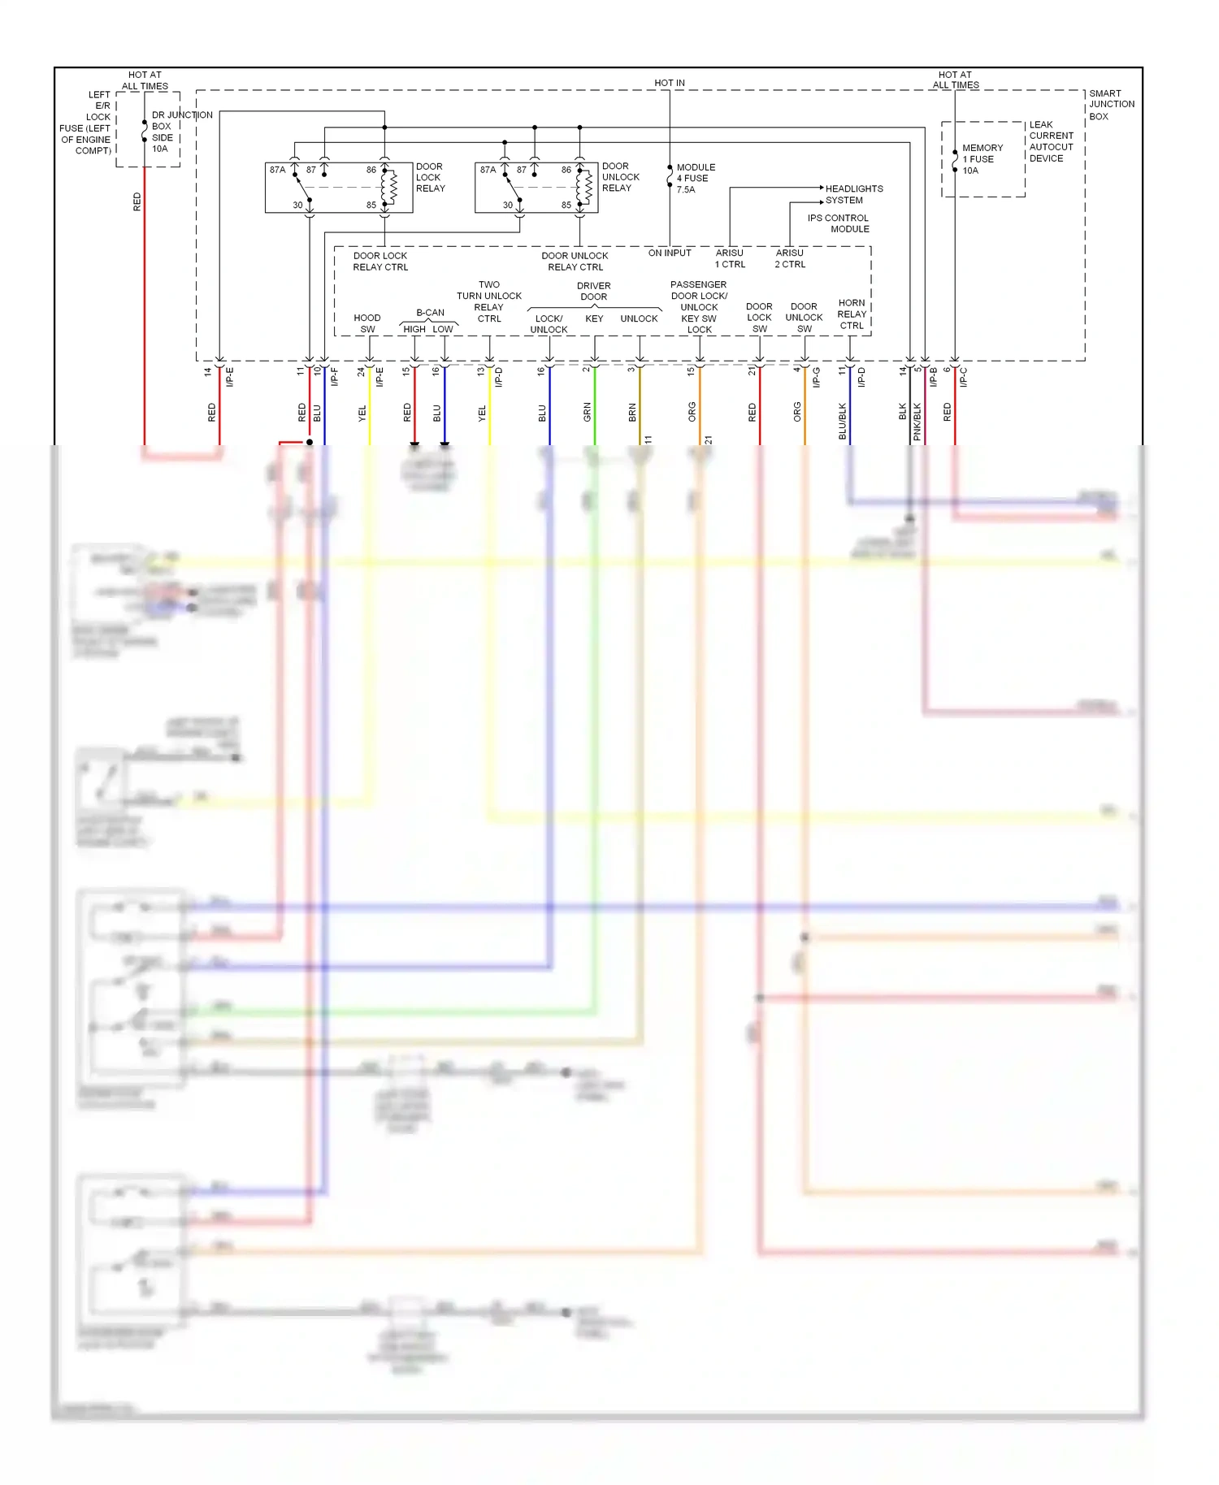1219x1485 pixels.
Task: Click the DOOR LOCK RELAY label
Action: point(430,177)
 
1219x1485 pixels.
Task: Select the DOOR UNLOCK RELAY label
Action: point(620,177)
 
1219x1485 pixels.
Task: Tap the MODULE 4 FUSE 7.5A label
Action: point(695,179)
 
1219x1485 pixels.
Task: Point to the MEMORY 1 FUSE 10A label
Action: point(982,159)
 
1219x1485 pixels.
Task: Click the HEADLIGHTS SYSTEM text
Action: point(853,194)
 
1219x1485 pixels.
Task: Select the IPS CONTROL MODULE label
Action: point(839,223)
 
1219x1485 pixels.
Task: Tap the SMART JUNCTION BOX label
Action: point(1111,105)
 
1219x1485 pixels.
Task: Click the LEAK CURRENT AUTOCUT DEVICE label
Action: point(1051,141)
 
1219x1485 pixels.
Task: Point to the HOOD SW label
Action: point(367,323)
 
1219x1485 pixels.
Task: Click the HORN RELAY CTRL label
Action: point(851,314)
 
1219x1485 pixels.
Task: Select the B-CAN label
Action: point(430,313)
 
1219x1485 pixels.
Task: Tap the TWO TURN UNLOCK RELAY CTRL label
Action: point(488,301)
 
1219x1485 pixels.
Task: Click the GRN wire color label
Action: point(588,413)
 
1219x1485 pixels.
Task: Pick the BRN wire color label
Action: point(632,413)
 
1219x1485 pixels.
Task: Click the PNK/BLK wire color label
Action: point(918,421)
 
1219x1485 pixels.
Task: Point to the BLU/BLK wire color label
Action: point(843,421)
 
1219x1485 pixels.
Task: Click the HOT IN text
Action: point(669,83)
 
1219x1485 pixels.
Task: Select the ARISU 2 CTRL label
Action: point(790,258)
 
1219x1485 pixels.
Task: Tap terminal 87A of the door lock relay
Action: point(277,170)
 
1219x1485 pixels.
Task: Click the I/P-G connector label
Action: point(817,377)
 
